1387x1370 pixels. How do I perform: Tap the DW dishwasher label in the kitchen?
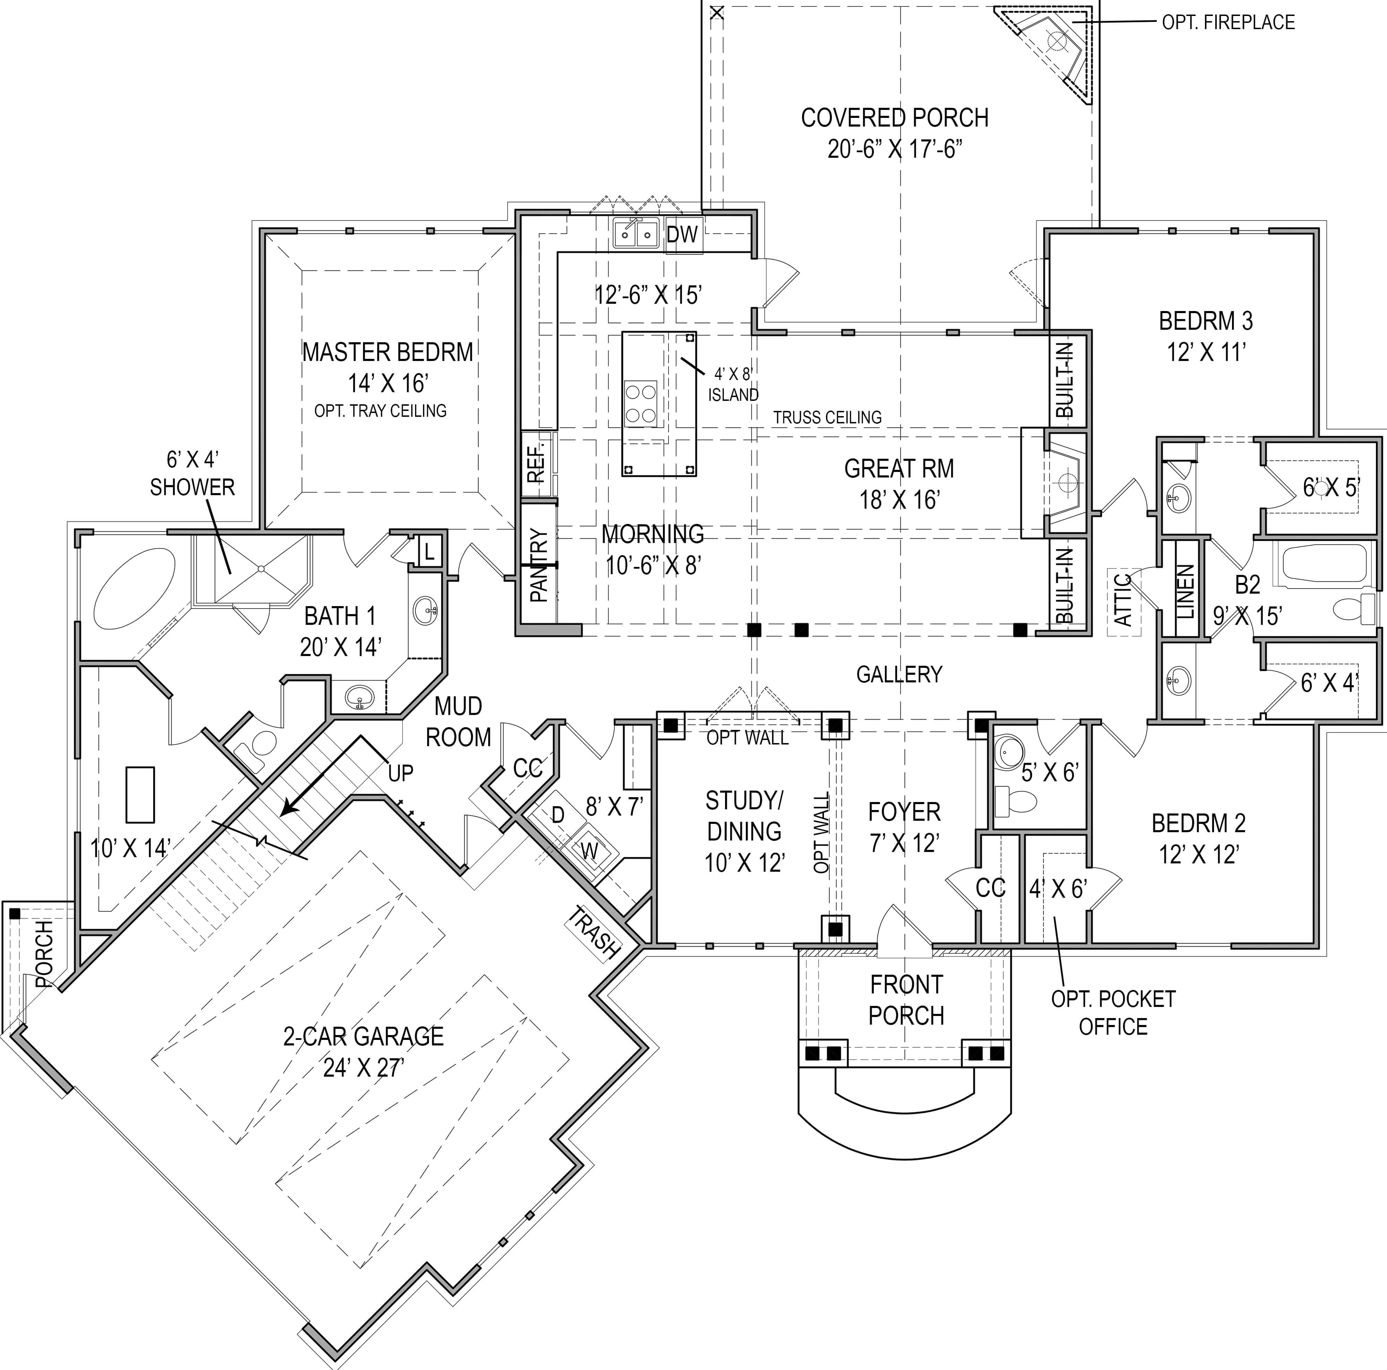[x=682, y=234]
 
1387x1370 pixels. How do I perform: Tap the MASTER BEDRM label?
[x=388, y=353]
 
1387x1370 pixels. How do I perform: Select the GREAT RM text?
[x=899, y=469]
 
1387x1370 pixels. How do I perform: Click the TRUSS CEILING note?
[x=827, y=417]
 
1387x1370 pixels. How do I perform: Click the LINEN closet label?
[x=1186, y=592]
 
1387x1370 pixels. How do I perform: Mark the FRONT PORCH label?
[x=906, y=999]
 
